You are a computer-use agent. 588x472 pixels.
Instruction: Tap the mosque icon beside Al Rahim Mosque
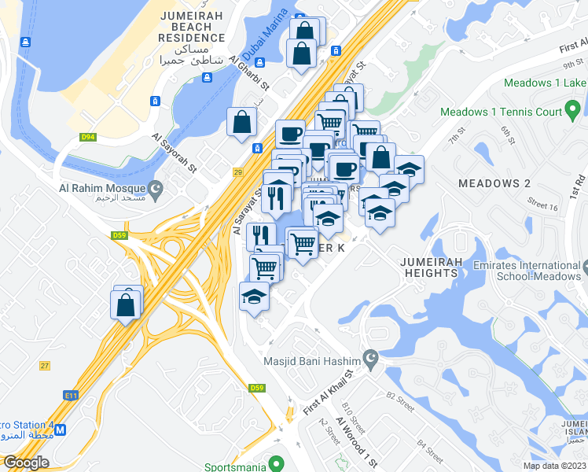(156, 188)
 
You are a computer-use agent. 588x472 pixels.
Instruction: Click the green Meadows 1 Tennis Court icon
(575, 112)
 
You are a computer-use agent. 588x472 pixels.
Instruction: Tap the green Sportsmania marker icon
(275, 465)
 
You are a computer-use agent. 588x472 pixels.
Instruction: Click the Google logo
(26, 463)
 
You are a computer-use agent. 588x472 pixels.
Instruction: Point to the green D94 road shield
(88, 138)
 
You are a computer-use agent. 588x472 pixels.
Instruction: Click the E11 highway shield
(72, 396)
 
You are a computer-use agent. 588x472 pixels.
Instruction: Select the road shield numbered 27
(44, 365)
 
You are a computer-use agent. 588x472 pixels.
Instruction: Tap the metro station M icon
(61, 430)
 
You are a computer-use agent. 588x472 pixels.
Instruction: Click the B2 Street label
(400, 401)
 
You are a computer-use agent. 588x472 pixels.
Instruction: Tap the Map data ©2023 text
(554, 466)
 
